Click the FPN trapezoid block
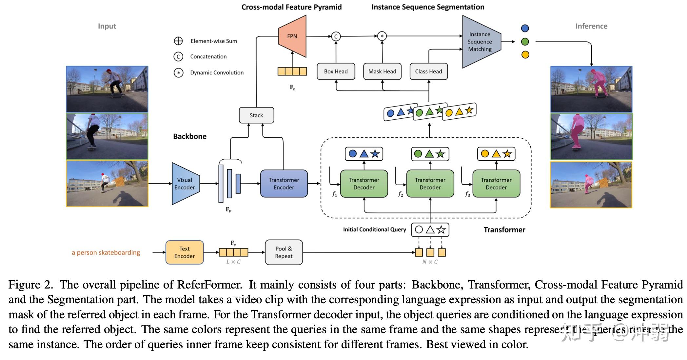tap(292, 36)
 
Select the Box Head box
tap(336, 71)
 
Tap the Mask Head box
tap(382, 71)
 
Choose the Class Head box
tap(428, 71)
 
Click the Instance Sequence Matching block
tap(480, 42)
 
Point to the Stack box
tap(256, 115)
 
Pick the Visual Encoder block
tap(185, 184)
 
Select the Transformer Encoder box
tap(284, 184)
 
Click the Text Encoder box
tap(185, 252)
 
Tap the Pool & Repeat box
tap(284, 252)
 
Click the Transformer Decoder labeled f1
tap(364, 184)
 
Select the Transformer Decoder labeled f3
tap(496, 184)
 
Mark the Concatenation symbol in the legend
tap(178, 57)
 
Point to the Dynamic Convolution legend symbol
tap(178, 72)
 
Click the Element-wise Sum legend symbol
tap(178, 41)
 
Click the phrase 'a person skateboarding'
tap(106, 252)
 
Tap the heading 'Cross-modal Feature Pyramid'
tap(291, 7)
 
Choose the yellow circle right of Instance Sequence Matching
tap(525, 55)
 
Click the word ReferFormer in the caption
tap(209, 285)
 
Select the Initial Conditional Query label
tap(374, 230)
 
